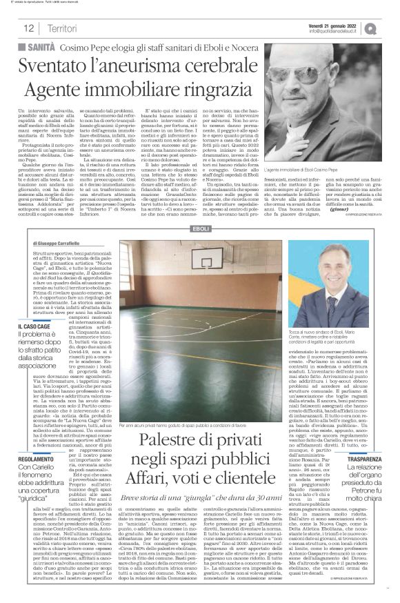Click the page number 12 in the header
click(x=29, y=27)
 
